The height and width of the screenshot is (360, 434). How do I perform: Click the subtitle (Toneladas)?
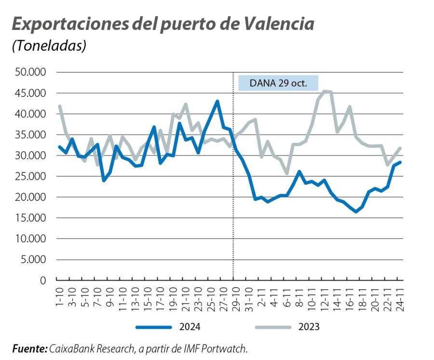(49, 46)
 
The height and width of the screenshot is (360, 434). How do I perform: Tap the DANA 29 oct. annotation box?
(278, 82)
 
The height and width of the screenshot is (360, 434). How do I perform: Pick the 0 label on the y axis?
(42, 280)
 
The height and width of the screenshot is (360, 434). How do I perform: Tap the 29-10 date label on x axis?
(234, 297)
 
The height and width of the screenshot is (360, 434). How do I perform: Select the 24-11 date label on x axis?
(399, 297)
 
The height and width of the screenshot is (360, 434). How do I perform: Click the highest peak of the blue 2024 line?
(217, 101)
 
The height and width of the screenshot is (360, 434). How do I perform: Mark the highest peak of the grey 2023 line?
(325, 91)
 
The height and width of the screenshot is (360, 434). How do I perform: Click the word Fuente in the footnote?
(29, 348)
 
